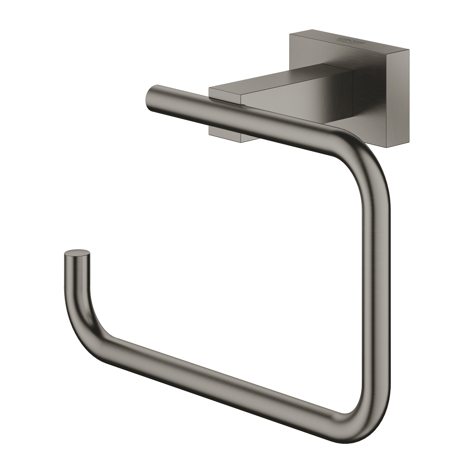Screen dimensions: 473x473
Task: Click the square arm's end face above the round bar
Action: pos(225,95)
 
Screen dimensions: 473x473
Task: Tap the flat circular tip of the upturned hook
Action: pos(77,253)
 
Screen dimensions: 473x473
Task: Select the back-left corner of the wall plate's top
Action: pos(291,33)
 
